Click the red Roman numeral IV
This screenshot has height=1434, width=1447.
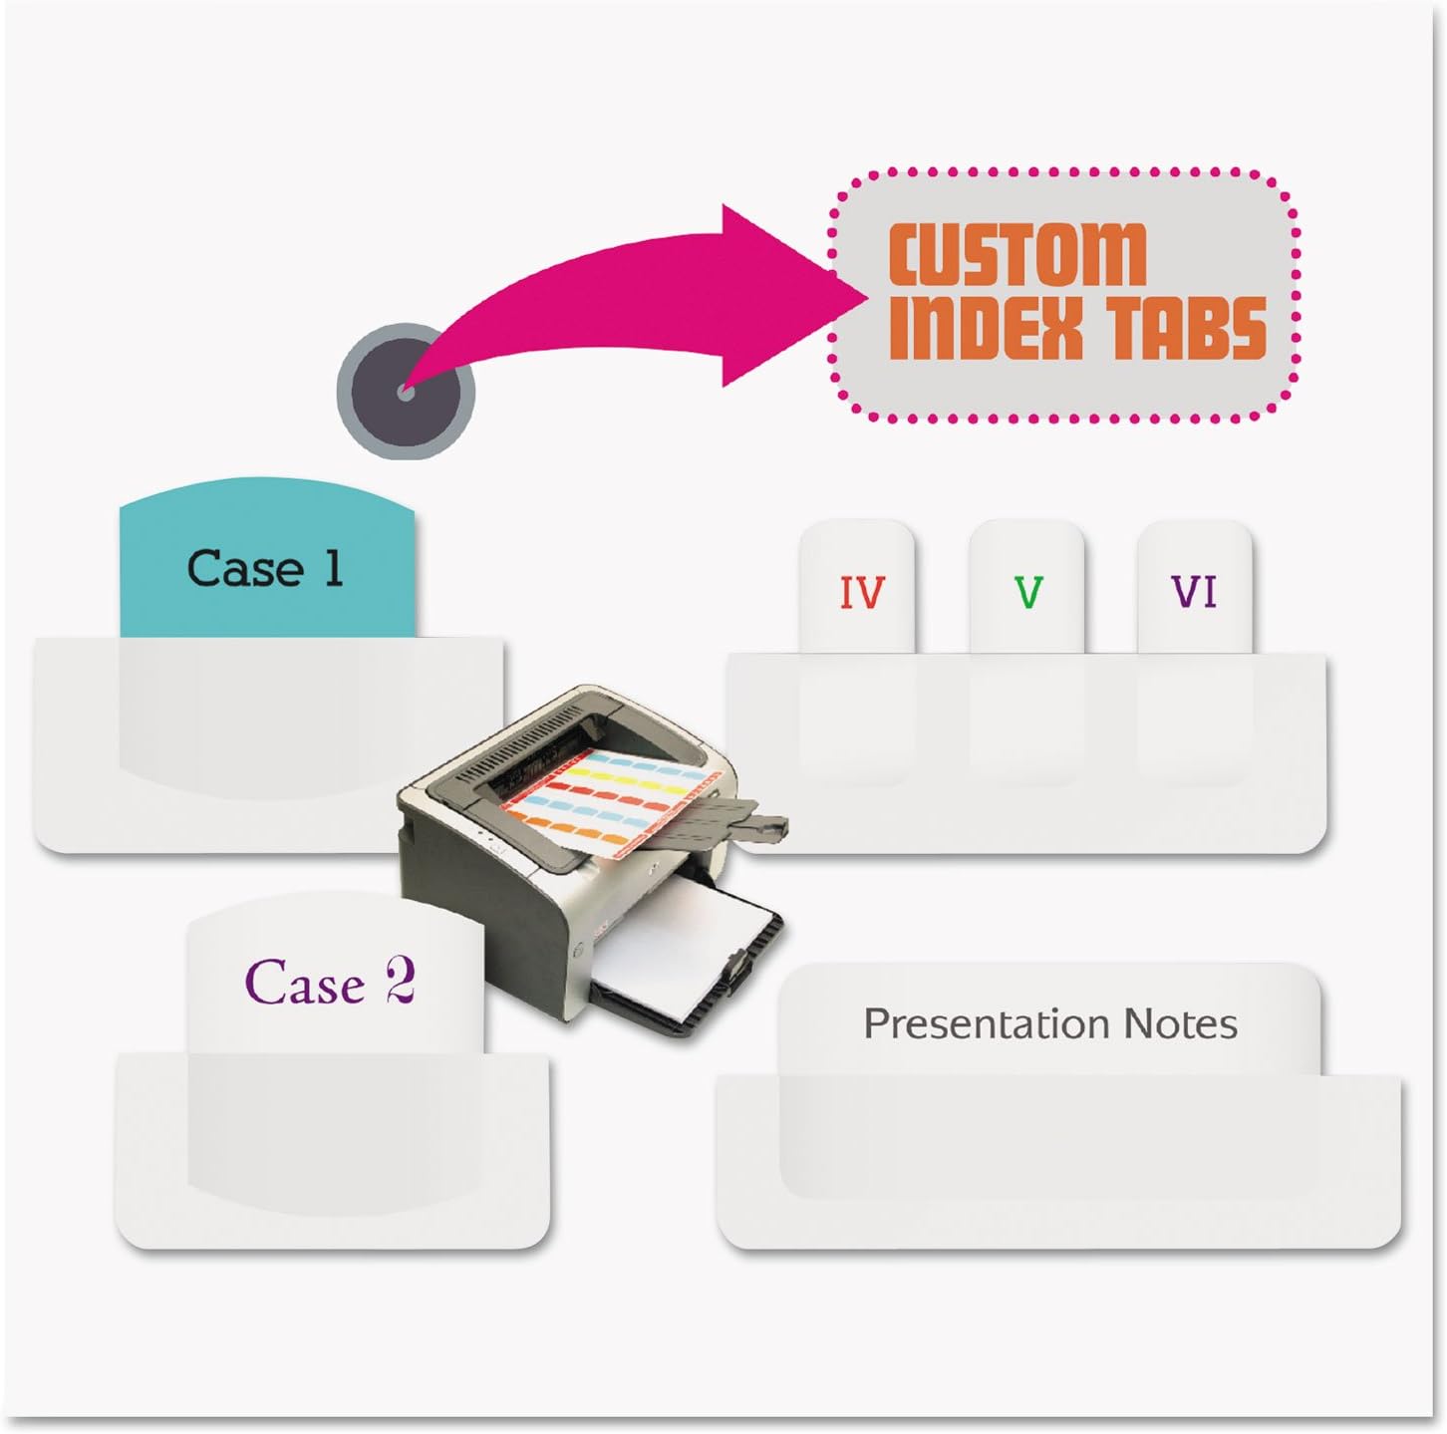click(861, 593)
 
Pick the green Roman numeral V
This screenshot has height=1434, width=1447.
click(1027, 593)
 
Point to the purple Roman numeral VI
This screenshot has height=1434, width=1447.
click(1194, 593)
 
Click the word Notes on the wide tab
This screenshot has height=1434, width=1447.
click(1180, 1023)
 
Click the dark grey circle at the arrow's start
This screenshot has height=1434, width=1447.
click(406, 392)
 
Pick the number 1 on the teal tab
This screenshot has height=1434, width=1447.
click(333, 568)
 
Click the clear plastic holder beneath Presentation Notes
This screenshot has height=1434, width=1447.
click(1056, 1186)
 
